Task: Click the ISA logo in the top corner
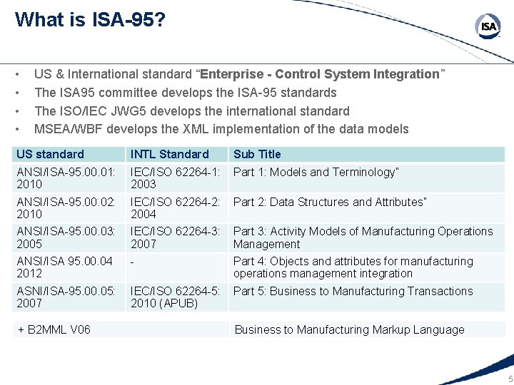[488, 27]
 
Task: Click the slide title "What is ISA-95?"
[91, 19]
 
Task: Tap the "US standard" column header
[50, 154]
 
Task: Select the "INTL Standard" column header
[170, 154]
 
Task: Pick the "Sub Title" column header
[257, 154]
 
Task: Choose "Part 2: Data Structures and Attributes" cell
[330, 202]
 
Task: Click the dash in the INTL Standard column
[133, 262]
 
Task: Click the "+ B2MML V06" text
[54, 329]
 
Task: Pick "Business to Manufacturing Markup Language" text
[349, 329]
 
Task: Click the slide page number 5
[508, 379]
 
